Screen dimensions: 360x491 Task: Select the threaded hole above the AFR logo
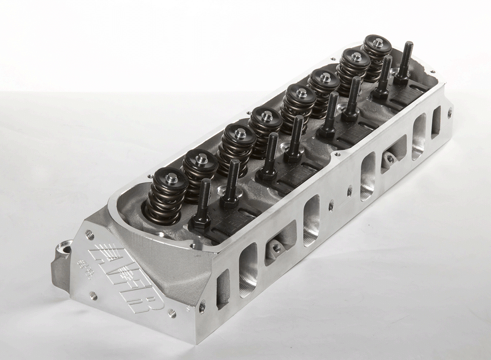point(91,233)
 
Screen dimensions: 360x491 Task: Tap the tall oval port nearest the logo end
point(249,267)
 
